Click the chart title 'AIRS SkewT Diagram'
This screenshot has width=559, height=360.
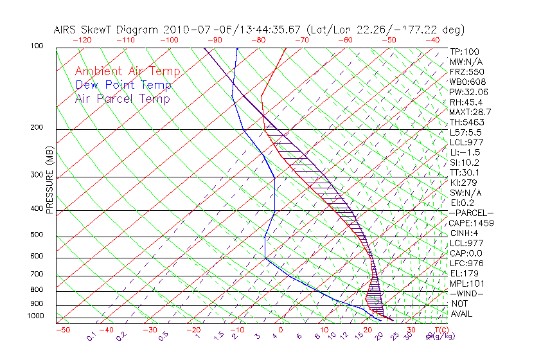pyautogui.click(x=107, y=30)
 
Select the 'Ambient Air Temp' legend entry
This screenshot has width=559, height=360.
pyautogui.click(x=128, y=71)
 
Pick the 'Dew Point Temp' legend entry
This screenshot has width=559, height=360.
pyautogui.click(x=123, y=85)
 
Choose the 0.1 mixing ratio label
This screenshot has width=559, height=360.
pyautogui.click(x=91, y=336)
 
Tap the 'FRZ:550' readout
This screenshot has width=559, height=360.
pyautogui.click(x=463, y=72)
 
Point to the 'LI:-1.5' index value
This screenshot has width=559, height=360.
pyautogui.click(x=463, y=152)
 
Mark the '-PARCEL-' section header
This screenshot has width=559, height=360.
pyautogui.click(x=471, y=213)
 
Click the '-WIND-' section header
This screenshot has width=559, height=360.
pyautogui.click(x=467, y=293)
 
